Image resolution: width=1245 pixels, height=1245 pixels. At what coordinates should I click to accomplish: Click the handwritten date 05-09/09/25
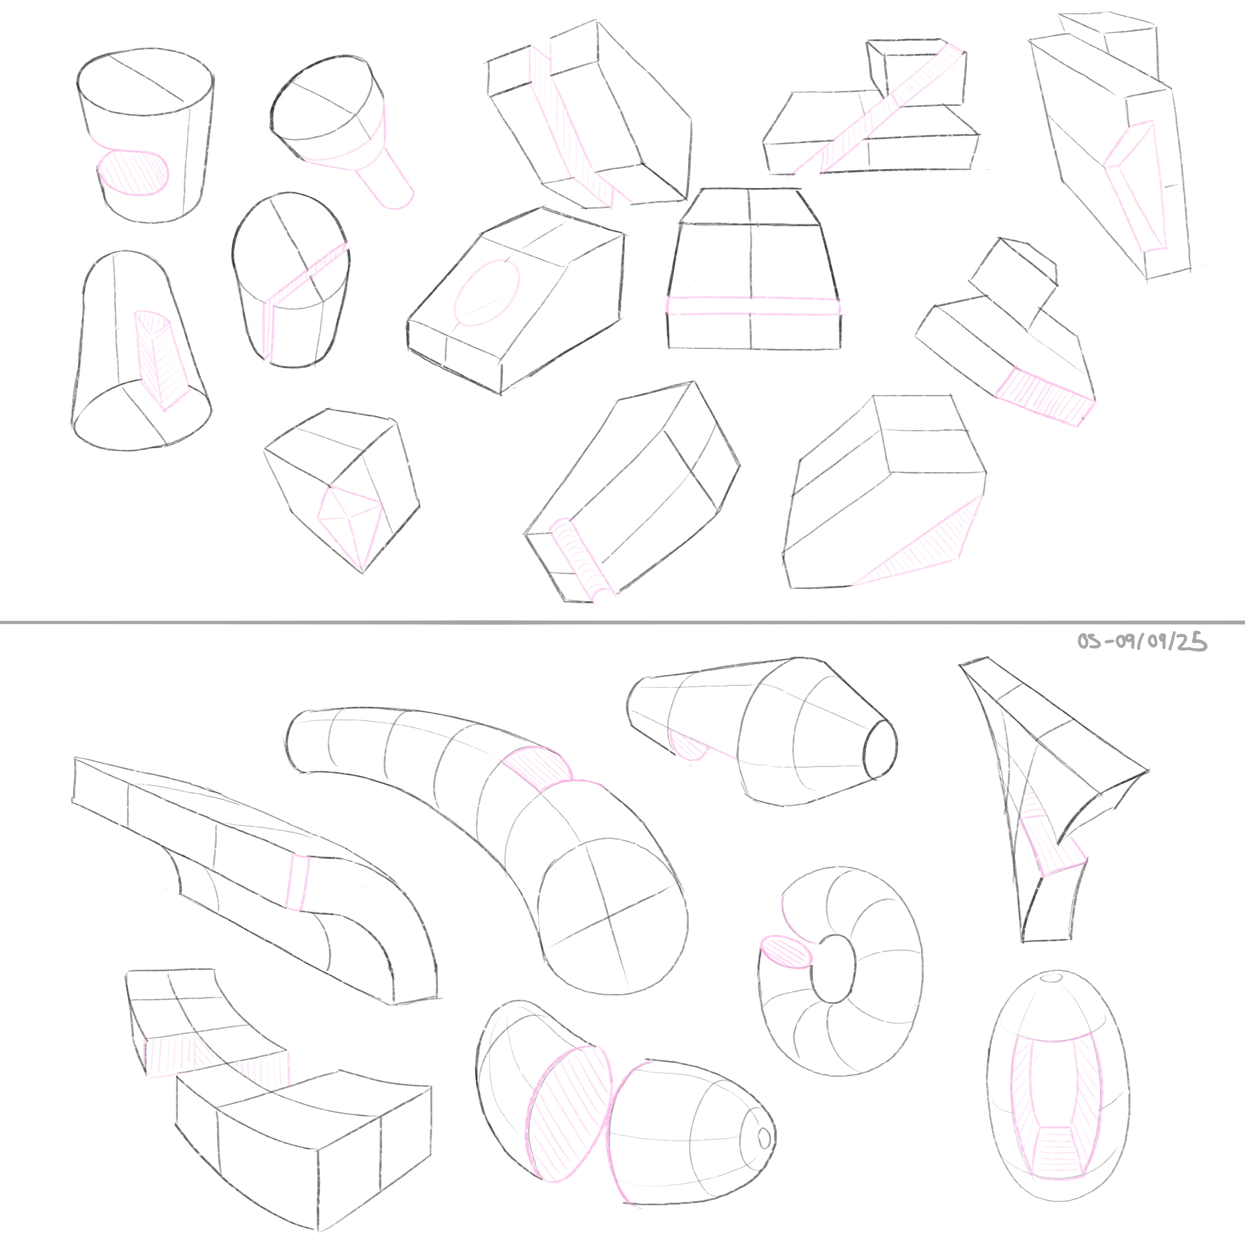(1142, 642)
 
